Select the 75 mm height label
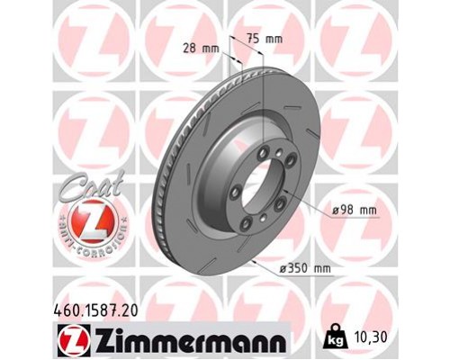click(x=264, y=39)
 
